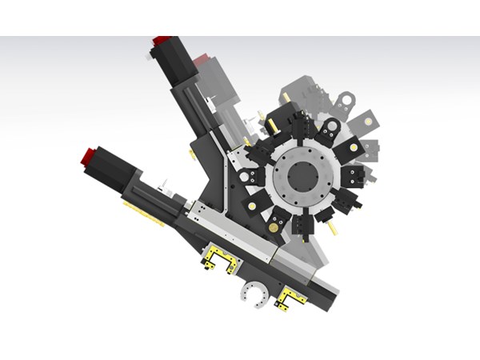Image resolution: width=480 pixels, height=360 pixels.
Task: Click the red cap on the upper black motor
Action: (x=162, y=40)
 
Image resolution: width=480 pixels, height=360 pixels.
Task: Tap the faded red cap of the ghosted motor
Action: (x=201, y=58)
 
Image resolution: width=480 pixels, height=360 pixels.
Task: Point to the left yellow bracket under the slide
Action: (x=218, y=258)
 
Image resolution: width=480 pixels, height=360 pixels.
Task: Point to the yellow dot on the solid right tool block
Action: (x=353, y=149)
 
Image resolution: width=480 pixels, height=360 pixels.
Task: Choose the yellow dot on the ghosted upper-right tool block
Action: (x=368, y=121)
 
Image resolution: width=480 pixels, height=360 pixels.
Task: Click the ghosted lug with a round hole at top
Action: (x=346, y=101)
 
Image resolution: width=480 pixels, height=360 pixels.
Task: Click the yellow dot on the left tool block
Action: (x=252, y=206)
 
